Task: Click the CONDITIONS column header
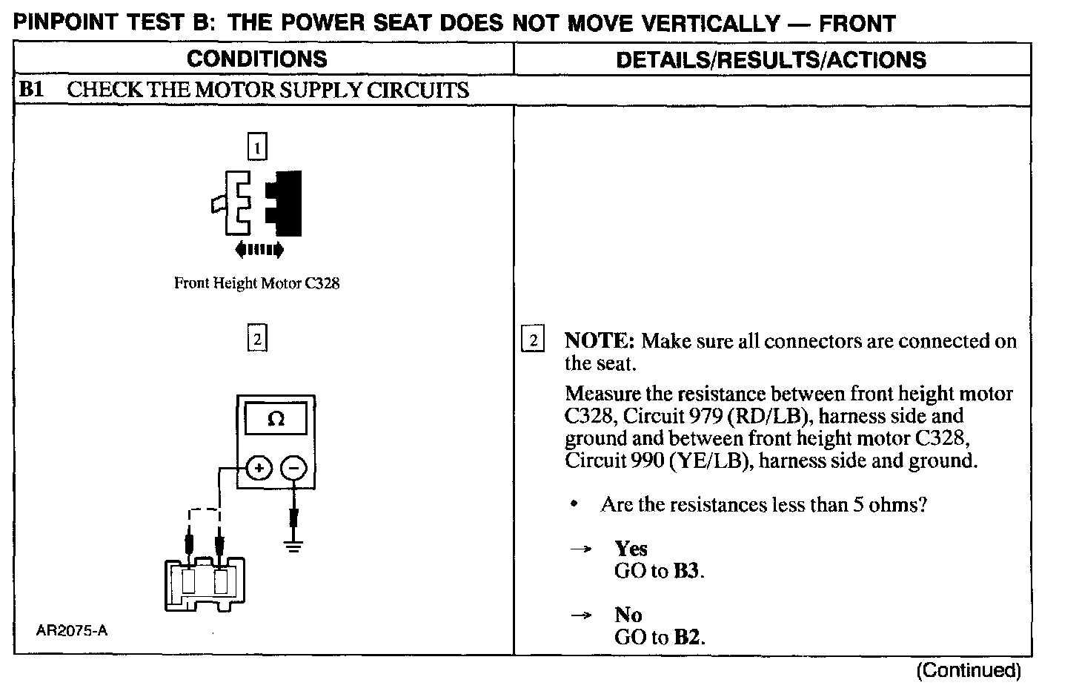(x=256, y=59)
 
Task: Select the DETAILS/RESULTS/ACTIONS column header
(x=771, y=60)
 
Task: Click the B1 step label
(x=32, y=90)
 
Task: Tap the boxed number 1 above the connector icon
(x=256, y=148)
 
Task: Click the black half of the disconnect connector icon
(x=285, y=202)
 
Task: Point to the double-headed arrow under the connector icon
(x=259, y=250)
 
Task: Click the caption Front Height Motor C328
(x=256, y=283)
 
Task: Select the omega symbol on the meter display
(x=276, y=419)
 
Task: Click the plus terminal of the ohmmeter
(x=259, y=469)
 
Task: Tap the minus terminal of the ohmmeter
(x=294, y=469)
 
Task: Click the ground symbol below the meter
(x=294, y=547)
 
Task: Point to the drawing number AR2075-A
(x=72, y=631)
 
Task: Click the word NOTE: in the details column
(x=599, y=341)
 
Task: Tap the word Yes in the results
(x=631, y=549)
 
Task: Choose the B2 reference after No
(x=686, y=637)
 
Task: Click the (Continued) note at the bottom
(x=969, y=671)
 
